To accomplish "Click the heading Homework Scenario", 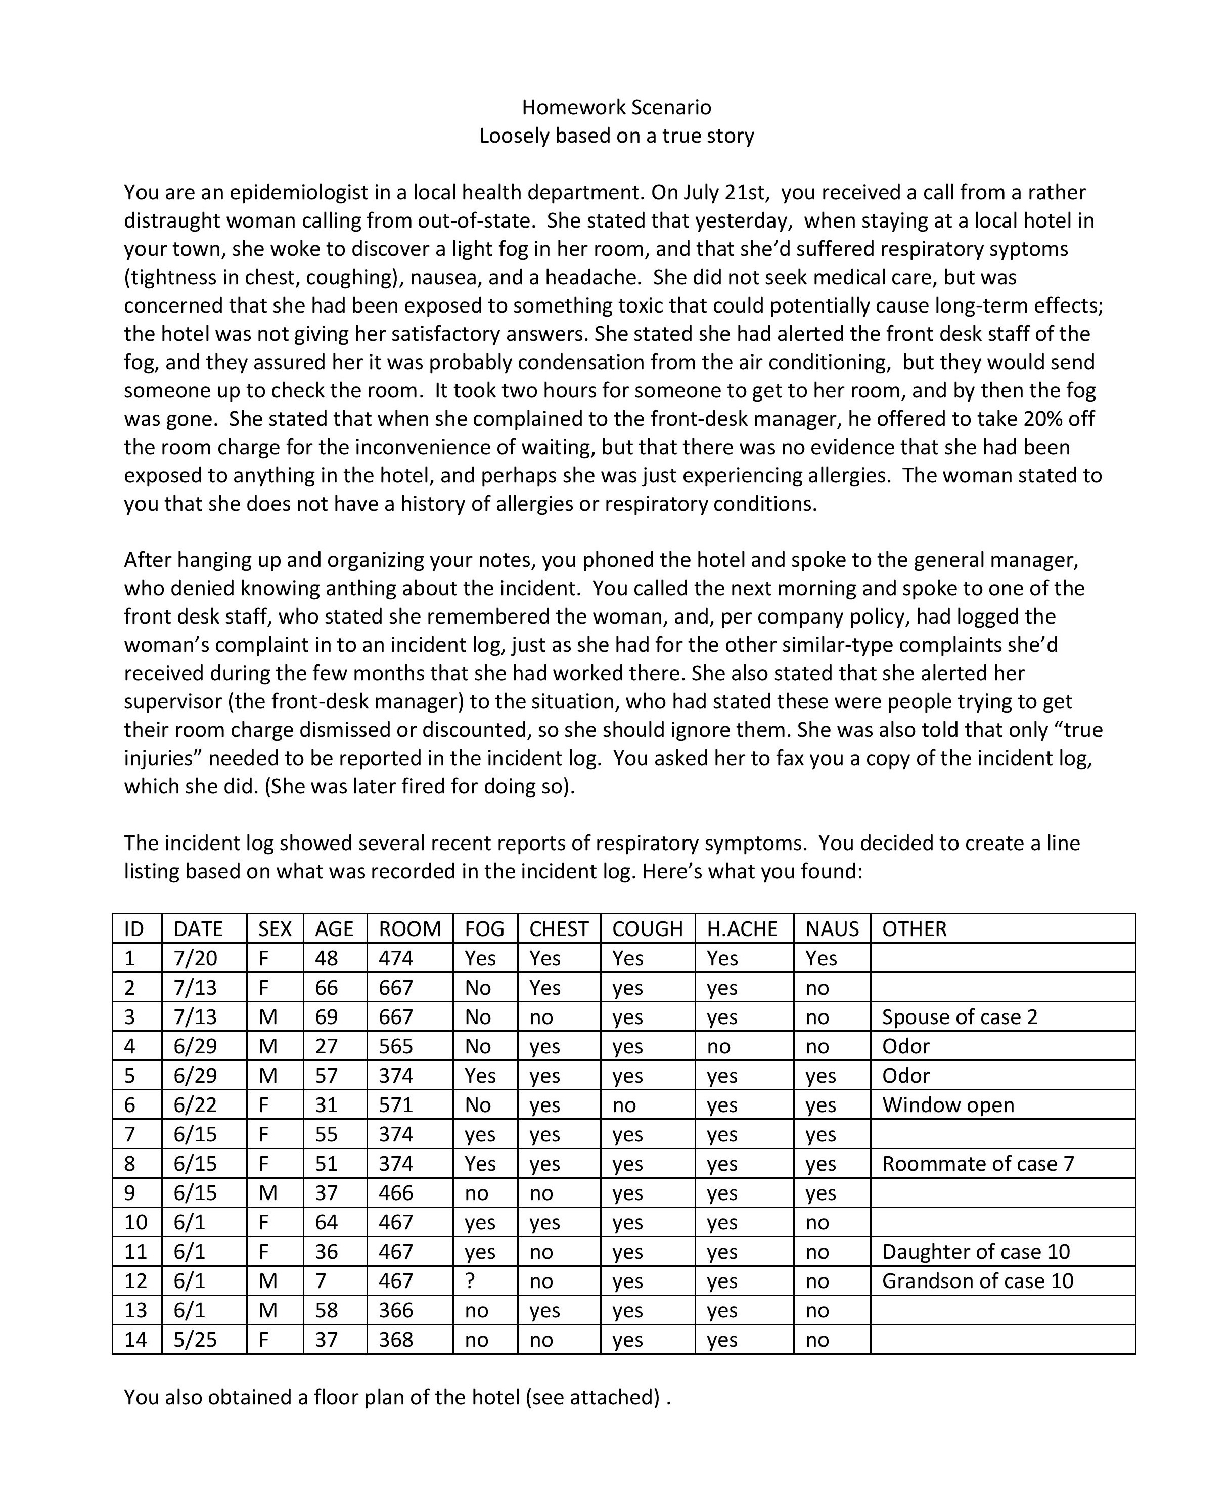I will [616, 107].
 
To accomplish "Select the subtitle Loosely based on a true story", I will [616, 136].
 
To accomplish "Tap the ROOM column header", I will [410, 929].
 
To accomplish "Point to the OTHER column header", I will [914, 929].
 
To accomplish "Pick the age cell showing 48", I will [327, 959].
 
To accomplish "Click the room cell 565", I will [396, 1047].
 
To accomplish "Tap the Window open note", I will [948, 1105].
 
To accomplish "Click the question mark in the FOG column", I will [470, 1281].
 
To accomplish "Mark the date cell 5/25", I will [196, 1340].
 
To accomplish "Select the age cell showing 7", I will [321, 1281].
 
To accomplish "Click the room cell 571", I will [396, 1105].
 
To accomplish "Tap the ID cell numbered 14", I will [135, 1340].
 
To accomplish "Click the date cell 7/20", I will [196, 959].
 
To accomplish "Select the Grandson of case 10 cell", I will [978, 1281].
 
